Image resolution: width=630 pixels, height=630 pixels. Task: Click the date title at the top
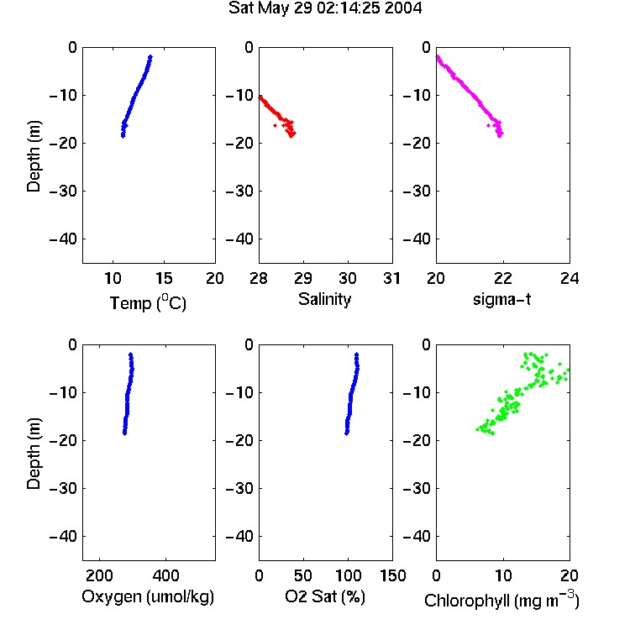coord(325,8)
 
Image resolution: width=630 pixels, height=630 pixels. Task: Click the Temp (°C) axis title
coord(148,302)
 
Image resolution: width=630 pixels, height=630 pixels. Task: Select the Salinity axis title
coord(324,299)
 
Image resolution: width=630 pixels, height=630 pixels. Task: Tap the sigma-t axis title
coord(501,299)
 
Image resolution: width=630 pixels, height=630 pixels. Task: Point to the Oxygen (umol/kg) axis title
coord(148,596)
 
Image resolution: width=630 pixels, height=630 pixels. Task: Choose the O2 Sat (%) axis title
coord(325,596)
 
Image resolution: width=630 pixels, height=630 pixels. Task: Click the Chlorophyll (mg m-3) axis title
coord(501,600)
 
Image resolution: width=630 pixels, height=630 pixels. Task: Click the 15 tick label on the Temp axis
coord(164,278)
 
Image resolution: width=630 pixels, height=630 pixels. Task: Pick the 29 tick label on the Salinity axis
coord(303,278)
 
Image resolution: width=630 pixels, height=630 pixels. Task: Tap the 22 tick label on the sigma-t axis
coord(502,278)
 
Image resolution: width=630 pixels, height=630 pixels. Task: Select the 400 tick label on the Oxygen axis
coord(165,575)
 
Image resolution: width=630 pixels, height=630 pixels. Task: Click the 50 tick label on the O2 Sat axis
coord(303,575)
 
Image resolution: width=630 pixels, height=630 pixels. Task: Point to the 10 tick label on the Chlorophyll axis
coord(502,575)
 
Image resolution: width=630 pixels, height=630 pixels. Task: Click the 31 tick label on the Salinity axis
coord(391,278)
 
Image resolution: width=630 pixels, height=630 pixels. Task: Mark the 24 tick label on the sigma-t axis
coord(570,278)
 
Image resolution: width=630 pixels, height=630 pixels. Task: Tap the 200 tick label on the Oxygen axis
coord(99,575)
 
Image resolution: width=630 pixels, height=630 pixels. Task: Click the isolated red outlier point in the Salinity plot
coord(275,126)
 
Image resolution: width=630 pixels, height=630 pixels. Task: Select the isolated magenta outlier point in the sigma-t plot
coord(488,126)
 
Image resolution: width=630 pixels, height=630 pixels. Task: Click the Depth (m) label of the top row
coord(34,156)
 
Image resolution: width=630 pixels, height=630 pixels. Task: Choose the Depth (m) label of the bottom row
coord(34,454)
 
